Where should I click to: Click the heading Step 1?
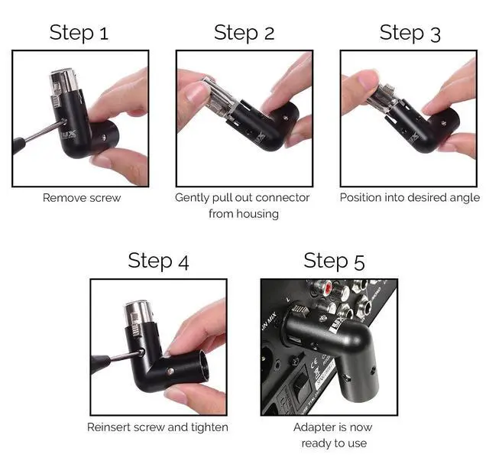79,32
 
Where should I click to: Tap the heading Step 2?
244,32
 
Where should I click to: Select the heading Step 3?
410,33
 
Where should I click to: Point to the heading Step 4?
158,261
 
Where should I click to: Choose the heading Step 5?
334,261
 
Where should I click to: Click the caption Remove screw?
82,198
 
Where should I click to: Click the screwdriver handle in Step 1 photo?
18,145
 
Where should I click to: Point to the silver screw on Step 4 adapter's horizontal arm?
170,371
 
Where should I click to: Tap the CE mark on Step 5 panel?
315,362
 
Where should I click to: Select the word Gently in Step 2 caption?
193,198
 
